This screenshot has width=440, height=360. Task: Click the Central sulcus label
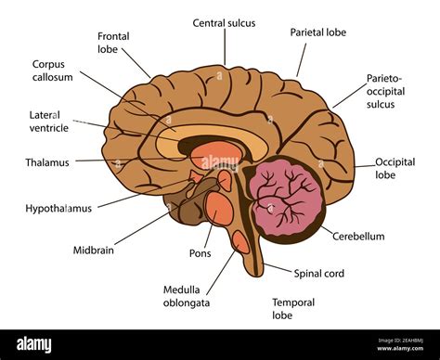(x=224, y=22)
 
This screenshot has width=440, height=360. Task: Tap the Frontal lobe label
(x=114, y=43)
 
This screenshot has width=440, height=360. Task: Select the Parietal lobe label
(x=317, y=32)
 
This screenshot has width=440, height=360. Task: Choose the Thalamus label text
(x=47, y=163)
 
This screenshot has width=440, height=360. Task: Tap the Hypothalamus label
(x=58, y=209)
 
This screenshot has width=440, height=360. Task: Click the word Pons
(x=199, y=253)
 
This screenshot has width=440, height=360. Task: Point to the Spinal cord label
(x=319, y=274)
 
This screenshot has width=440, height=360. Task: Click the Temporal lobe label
(x=293, y=309)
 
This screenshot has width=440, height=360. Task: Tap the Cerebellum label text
(x=358, y=237)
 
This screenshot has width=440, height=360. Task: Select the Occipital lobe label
(x=395, y=168)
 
